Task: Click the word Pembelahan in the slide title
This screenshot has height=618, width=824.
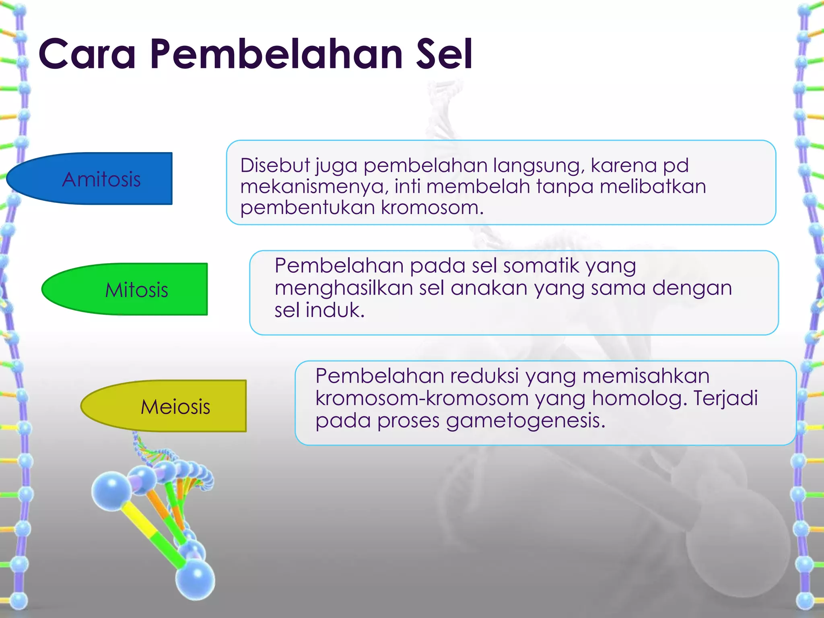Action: tap(276, 54)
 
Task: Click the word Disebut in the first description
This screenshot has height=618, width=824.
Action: tap(275, 165)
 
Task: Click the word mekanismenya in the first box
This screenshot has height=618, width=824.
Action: tap(314, 187)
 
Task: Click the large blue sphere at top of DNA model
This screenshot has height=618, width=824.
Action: tap(111, 492)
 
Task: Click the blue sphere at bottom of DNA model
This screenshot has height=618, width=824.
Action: tap(195, 579)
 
